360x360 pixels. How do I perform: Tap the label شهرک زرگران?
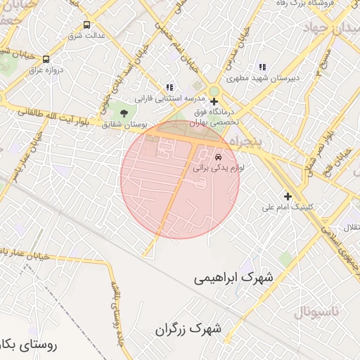point(188,328)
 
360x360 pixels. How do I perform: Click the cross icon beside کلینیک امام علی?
point(287,196)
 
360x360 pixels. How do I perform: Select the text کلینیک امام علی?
point(289,207)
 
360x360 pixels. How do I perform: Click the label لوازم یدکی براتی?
point(217,169)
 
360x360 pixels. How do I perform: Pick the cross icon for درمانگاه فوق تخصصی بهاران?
point(214,101)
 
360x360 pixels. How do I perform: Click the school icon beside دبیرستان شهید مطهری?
point(262,67)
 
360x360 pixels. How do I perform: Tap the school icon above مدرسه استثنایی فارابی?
point(169,87)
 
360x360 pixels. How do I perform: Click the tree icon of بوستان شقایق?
point(124,112)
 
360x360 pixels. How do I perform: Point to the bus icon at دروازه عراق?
point(46,60)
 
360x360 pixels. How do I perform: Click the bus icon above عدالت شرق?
point(86,24)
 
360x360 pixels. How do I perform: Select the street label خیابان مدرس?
point(252,44)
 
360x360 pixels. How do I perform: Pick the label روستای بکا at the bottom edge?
point(28,345)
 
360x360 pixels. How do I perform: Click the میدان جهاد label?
point(330,27)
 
